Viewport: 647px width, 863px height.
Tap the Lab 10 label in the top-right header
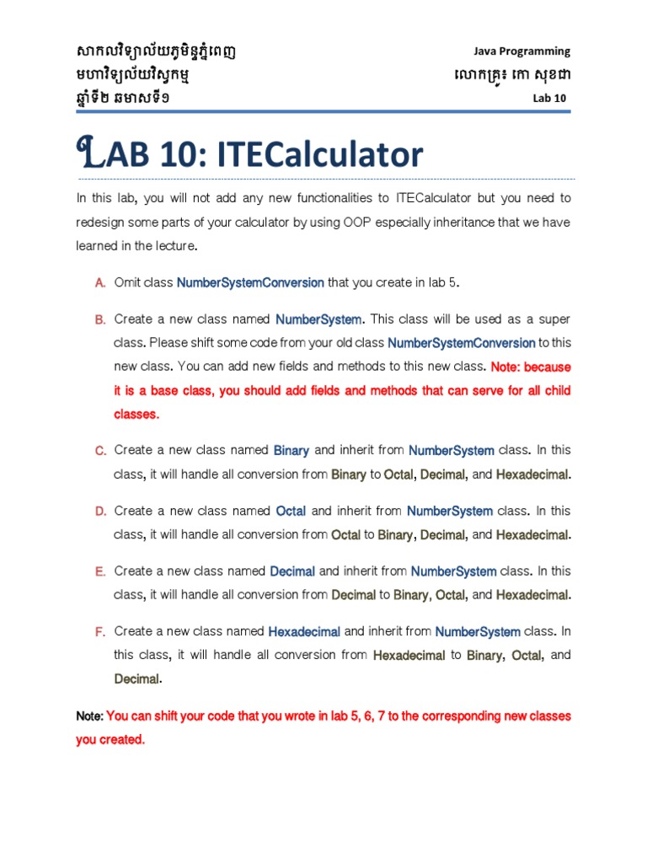[549, 98]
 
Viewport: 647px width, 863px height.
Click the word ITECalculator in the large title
[320, 154]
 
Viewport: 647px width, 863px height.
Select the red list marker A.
[99, 283]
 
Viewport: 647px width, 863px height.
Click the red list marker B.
[99, 320]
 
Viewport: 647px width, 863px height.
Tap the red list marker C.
[99, 451]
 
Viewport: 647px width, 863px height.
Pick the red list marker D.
[99, 512]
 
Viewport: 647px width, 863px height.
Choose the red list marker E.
[99, 571]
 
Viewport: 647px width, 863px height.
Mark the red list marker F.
[99, 631]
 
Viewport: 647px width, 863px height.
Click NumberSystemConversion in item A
[250, 283]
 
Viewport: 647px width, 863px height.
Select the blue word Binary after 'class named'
[291, 451]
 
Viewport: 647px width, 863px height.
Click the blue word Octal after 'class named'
[291, 512]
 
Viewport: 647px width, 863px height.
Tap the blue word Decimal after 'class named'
[292, 571]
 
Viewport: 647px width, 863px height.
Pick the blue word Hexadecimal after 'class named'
[304, 631]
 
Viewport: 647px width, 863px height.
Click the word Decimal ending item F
[136, 679]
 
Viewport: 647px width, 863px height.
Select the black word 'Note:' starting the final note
[89, 716]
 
